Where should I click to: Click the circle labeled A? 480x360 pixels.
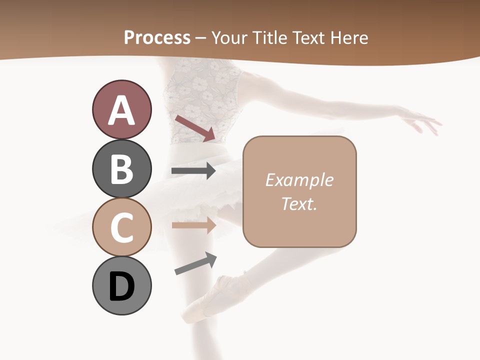click(x=121, y=109)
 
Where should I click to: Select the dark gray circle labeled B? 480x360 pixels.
click(x=121, y=168)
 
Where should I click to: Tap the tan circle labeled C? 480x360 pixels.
click(x=121, y=227)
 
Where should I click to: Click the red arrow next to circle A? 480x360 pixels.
click(x=195, y=128)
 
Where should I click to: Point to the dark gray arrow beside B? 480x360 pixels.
click(x=193, y=171)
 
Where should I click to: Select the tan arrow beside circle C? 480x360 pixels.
click(x=193, y=225)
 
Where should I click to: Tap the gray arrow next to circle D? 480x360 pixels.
click(x=195, y=263)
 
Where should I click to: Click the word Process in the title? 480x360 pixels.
click(x=157, y=37)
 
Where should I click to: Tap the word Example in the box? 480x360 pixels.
click(x=299, y=180)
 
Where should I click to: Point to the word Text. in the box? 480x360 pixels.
click(x=299, y=203)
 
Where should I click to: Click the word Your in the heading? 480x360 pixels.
click(x=228, y=37)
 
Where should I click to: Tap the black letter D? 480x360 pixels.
click(x=121, y=286)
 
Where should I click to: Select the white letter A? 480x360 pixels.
click(x=121, y=110)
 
